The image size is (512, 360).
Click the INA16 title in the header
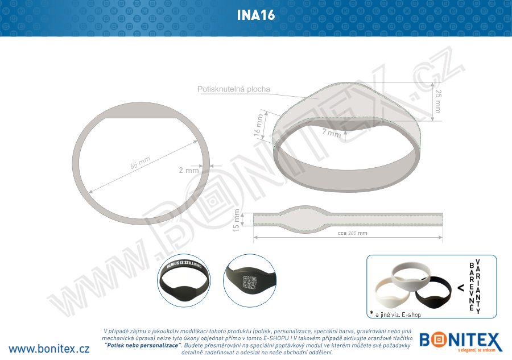(256, 15)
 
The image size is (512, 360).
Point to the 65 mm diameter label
(140, 163)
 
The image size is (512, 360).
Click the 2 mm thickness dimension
(188, 170)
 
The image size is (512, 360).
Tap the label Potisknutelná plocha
(233, 89)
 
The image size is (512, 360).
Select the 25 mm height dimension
(437, 101)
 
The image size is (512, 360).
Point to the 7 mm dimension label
(331, 134)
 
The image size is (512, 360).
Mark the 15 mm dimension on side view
(238, 220)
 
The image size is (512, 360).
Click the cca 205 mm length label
(353, 233)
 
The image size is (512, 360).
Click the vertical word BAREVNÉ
(471, 286)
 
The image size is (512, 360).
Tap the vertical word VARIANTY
(478, 286)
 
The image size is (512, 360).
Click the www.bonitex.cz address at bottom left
(49, 348)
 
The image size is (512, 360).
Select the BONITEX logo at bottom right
(461, 342)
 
